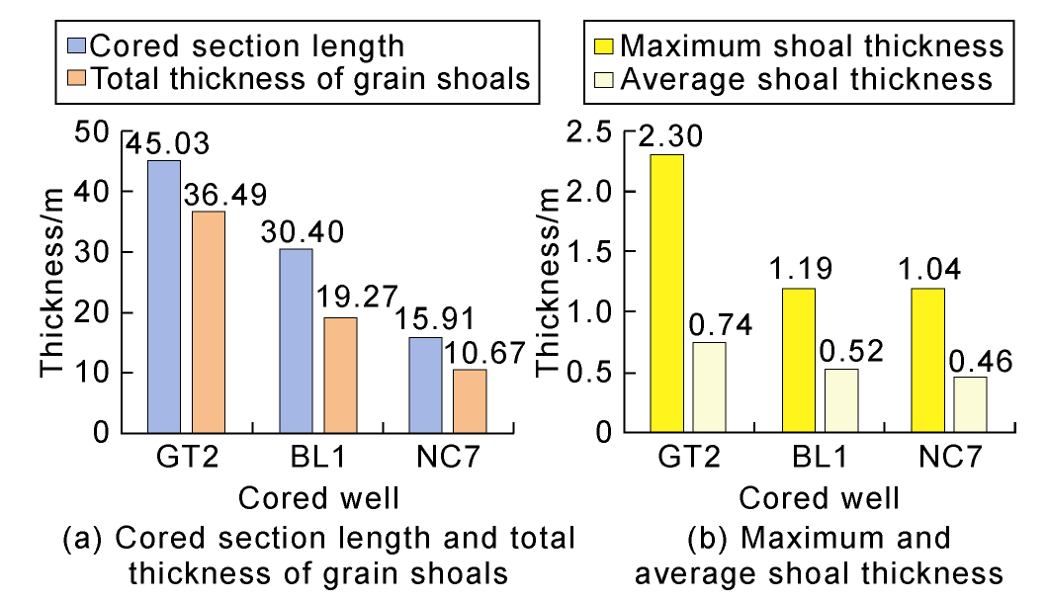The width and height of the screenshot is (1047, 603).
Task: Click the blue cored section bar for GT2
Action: (164, 297)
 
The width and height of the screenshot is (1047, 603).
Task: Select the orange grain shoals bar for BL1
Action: (340, 375)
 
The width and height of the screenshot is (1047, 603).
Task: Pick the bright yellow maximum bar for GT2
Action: (667, 294)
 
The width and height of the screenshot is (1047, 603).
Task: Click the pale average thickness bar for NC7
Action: (970, 404)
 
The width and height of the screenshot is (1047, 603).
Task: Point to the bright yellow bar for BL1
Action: (798, 361)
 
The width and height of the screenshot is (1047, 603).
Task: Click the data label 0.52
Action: (841, 350)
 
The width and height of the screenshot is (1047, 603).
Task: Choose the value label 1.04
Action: (927, 269)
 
